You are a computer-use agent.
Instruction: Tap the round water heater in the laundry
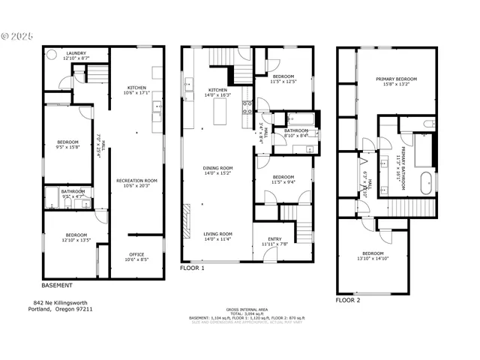52,55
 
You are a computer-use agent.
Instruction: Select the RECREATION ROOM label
136,182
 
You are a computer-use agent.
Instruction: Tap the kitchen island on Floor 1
220,112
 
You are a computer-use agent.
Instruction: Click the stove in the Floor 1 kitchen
246,112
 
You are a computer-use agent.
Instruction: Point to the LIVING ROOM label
217,235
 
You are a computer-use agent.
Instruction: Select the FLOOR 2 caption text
348,299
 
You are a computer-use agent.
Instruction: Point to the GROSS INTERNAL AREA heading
247,309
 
